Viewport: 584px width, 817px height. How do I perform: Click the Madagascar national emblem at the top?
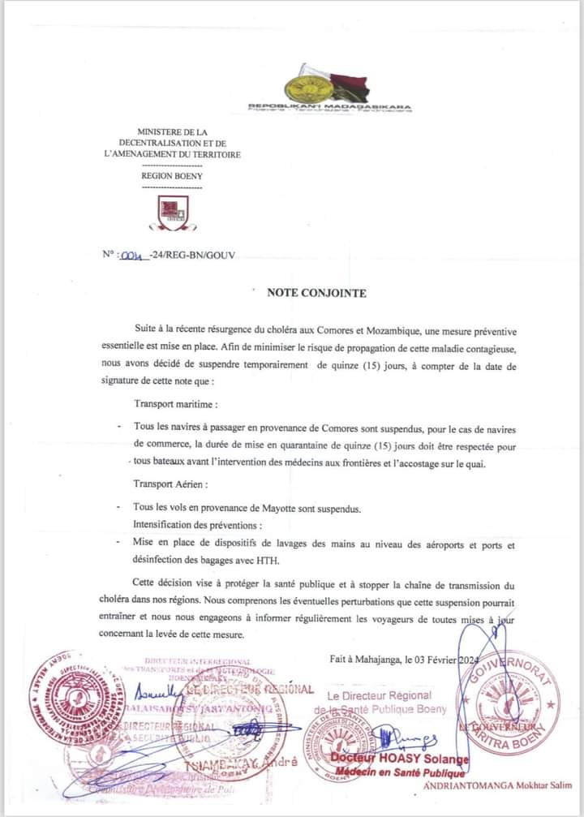[x=329, y=85]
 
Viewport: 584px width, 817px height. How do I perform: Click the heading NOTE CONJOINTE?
[x=316, y=293]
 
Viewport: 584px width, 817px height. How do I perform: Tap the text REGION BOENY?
[x=172, y=174]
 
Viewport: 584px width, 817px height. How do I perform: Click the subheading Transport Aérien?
[x=171, y=484]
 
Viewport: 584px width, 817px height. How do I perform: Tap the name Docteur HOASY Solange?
[x=390, y=758]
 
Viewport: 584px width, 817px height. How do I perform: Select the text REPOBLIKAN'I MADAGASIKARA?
[x=329, y=106]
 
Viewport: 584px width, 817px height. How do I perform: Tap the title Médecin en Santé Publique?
[x=394, y=772]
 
